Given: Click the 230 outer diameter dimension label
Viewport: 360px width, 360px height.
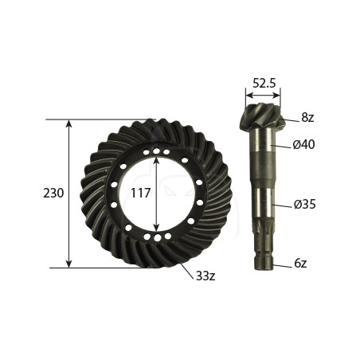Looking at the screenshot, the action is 53,193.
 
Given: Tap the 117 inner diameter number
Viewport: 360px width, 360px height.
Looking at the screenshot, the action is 141,193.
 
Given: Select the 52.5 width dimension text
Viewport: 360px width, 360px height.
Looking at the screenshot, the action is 264,83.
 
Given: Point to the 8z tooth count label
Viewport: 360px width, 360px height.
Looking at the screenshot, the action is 307,117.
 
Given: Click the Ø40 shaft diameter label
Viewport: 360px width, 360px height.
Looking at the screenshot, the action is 303,145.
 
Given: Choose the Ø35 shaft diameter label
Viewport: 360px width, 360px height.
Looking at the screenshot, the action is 304,205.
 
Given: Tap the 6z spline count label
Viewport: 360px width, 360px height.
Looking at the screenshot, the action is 300,264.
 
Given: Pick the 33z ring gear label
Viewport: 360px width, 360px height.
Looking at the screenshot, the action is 205,276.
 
